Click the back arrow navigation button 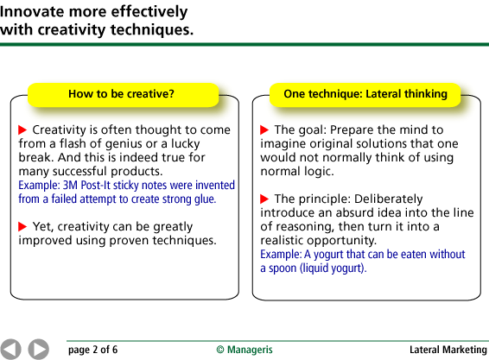(x=10, y=349)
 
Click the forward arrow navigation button (x=38, y=349)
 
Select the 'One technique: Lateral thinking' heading (x=365, y=94)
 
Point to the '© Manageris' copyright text (x=244, y=350)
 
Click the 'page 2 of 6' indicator (x=93, y=350)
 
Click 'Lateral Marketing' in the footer (x=448, y=350)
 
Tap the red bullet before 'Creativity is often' (x=22, y=129)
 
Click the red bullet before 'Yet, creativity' (x=22, y=226)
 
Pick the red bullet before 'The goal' (x=264, y=129)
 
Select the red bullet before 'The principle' (x=264, y=199)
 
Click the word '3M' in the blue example (x=70, y=185)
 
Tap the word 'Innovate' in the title (x=31, y=12)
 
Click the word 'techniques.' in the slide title (x=152, y=30)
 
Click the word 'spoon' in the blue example (x=283, y=268)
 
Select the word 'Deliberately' (x=389, y=199)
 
